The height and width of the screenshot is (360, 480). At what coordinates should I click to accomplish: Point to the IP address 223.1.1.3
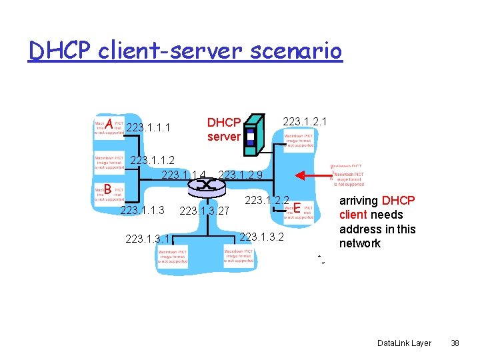141,211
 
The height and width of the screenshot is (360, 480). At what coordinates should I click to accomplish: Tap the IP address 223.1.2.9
240,175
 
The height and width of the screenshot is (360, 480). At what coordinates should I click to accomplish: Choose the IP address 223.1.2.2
267,200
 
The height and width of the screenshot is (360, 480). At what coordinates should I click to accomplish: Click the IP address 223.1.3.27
205,211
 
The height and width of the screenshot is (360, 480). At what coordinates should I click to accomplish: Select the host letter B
107,190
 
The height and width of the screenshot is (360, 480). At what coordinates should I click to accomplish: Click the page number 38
455,343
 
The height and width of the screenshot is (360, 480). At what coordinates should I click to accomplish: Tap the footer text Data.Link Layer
404,343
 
